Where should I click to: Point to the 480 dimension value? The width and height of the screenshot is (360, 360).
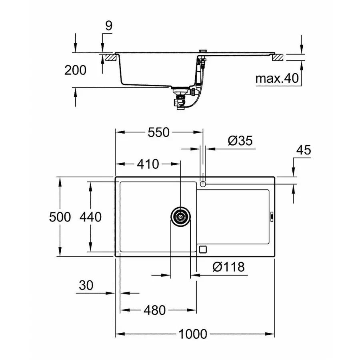[x=154, y=310]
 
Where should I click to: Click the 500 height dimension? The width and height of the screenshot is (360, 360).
[x=60, y=217]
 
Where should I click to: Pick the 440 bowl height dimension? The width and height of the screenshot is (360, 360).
[x=90, y=217]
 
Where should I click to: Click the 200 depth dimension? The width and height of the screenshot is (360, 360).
[x=75, y=70]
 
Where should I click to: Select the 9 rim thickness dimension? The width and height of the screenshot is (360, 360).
[x=108, y=26]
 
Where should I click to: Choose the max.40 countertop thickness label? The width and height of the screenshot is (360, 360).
[x=277, y=79]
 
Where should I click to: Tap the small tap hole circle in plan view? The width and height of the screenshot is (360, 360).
[x=203, y=184]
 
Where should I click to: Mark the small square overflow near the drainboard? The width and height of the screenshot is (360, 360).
[x=202, y=249]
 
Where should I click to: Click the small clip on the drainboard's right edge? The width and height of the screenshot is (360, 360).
[x=272, y=216]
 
